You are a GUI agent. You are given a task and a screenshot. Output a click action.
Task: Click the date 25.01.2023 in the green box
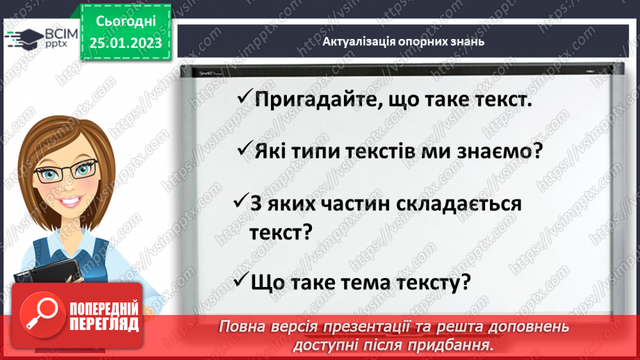pos(125,43)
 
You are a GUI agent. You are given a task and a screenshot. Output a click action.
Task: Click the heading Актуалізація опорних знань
pos(403,42)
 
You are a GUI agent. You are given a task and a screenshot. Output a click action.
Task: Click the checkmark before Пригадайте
pos(243,99)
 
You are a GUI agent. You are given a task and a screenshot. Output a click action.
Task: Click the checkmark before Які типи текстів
pos(243,149)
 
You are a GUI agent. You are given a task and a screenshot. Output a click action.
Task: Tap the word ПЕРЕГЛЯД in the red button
pos(104,323)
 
